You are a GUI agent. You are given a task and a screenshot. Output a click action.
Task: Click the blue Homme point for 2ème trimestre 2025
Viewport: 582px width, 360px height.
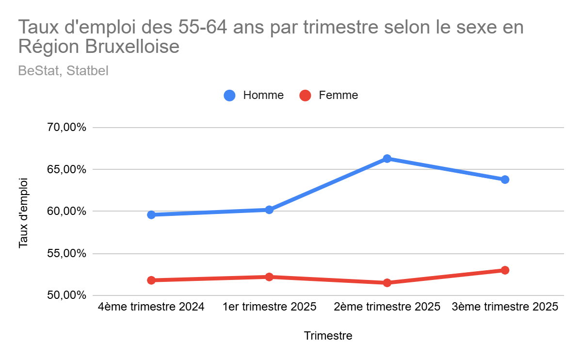coord(387,159)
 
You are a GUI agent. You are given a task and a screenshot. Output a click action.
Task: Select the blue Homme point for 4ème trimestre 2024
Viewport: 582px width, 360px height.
coord(151,214)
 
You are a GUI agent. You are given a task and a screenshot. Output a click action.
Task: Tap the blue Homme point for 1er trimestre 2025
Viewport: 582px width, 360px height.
coord(269,210)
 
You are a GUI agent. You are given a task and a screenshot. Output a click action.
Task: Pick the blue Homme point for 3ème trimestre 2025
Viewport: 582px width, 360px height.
coord(505,180)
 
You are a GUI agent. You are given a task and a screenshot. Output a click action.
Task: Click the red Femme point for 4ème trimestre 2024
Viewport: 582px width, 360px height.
coord(151,280)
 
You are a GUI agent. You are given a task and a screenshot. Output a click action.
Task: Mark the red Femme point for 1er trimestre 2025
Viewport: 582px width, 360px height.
coord(269,277)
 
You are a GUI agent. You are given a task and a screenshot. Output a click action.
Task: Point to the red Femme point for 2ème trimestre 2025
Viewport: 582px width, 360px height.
coord(387,282)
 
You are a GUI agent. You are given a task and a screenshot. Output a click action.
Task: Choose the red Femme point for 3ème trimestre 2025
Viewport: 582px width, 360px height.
coord(505,270)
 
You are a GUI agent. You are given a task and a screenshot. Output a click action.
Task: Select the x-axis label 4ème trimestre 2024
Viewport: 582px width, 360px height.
coord(151,307)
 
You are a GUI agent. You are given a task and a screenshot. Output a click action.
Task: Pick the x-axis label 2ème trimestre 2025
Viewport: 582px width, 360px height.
coord(387,307)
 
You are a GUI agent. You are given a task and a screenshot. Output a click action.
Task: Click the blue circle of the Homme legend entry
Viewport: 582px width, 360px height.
coord(229,96)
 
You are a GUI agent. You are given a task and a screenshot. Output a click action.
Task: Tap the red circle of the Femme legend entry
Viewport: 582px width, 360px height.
coord(305,96)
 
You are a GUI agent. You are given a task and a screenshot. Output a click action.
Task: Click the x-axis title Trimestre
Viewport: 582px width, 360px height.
coord(328,336)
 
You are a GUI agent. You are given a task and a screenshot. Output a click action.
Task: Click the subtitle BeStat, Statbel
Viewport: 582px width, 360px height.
coord(63,71)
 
